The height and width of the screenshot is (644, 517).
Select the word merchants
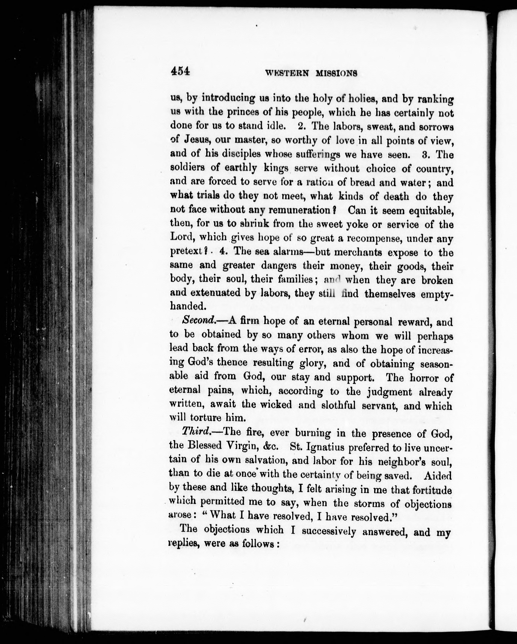click(x=358, y=252)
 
